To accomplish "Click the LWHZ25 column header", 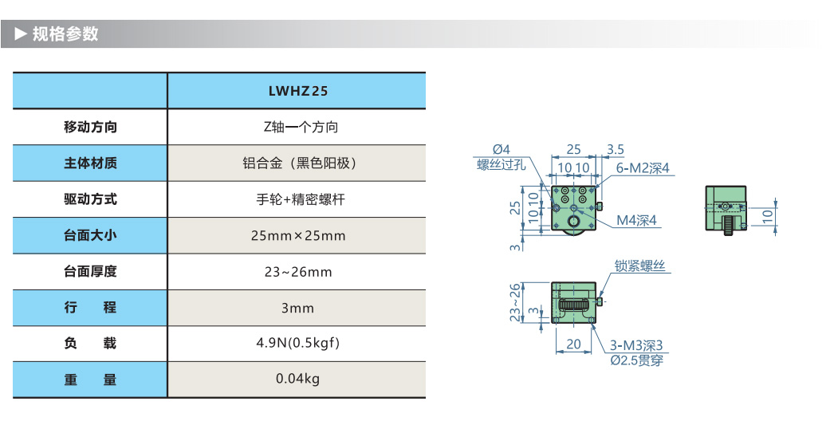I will tap(297, 91).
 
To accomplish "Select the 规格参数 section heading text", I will tap(65, 34).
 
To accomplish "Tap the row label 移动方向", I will tap(90, 127).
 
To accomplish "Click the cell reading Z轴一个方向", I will tap(297, 127).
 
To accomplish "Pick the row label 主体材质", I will tap(90, 163).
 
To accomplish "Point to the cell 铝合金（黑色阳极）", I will tap(297, 163).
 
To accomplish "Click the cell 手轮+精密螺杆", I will tap(297, 199).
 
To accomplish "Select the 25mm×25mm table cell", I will tap(297, 235).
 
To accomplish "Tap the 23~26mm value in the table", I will tap(297, 272).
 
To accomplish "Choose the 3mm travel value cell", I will tap(297, 308).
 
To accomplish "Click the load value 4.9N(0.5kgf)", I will tap(297, 344).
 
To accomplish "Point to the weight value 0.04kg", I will tap(297, 378).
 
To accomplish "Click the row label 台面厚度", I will tap(90, 272).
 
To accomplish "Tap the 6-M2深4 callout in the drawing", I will tap(642, 167).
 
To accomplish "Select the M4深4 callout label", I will tap(636, 220).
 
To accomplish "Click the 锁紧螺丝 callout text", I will tap(639, 266).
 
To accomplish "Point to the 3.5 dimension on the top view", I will tap(615, 149).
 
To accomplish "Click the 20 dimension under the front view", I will tap(572, 344).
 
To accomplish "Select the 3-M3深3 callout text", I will tap(636, 346).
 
